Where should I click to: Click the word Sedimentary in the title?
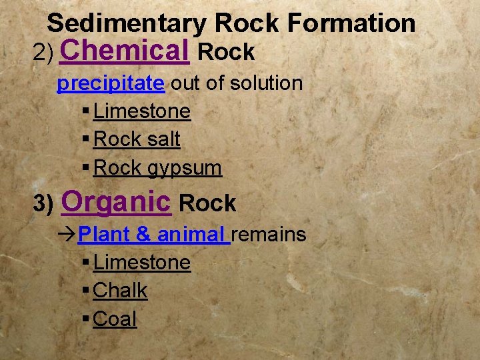[x=126, y=24]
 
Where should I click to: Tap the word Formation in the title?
[x=351, y=24]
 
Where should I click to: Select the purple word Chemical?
[x=124, y=50]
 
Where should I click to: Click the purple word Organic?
[x=116, y=201]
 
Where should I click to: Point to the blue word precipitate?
[x=111, y=83]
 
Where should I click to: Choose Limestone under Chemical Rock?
[x=142, y=111]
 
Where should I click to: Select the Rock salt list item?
[x=137, y=139]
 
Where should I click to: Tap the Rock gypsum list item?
[x=157, y=168]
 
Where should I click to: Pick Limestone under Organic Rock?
[x=142, y=263]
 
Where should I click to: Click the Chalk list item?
[x=121, y=291]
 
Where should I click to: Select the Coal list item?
[x=115, y=319]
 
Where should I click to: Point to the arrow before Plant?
[x=67, y=235]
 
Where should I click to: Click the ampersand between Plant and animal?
[x=143, y=235]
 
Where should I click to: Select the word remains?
[x=269, y=235]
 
